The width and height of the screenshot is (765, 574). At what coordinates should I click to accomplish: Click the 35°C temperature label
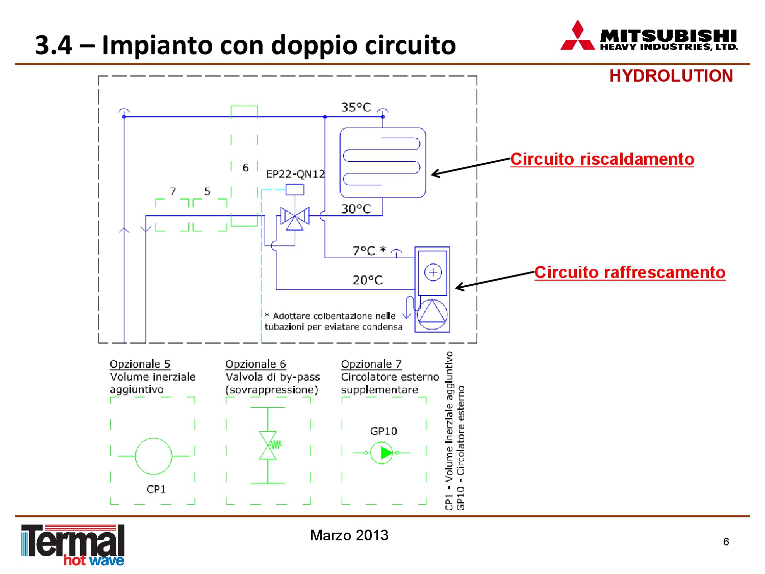pos(355,107)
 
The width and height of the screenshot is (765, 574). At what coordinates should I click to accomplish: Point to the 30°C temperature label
pos(355,209)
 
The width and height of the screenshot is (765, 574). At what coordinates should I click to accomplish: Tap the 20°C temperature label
pos(367,280)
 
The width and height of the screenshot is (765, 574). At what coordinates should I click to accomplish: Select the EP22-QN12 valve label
pos(295,174)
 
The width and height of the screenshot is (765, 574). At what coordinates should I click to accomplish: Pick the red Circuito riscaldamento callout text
pos(602,159)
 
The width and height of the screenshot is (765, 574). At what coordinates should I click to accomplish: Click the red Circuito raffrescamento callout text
pos(630,272)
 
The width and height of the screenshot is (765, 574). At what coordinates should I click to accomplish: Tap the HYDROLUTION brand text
pos(671,76)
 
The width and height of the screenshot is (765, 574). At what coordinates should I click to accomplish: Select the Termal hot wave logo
pos(73,544)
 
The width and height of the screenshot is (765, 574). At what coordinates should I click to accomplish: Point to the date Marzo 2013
pos(349,535)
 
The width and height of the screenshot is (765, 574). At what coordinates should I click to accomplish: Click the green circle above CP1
pos(154,456)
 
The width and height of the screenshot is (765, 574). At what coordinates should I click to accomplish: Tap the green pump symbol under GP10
pos(381,453)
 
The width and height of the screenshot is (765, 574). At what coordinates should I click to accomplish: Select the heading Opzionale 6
pos(256,364)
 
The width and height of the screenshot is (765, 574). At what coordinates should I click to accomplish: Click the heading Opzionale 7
pos(371,364)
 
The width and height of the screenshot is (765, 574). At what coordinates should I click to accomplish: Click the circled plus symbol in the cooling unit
pos(433,272)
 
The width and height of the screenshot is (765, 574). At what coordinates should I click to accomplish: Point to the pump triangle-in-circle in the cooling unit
pos(432,314)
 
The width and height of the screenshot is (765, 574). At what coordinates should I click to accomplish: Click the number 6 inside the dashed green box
pos(245,168)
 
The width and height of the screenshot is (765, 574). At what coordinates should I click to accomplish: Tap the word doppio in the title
pos(314,45)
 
